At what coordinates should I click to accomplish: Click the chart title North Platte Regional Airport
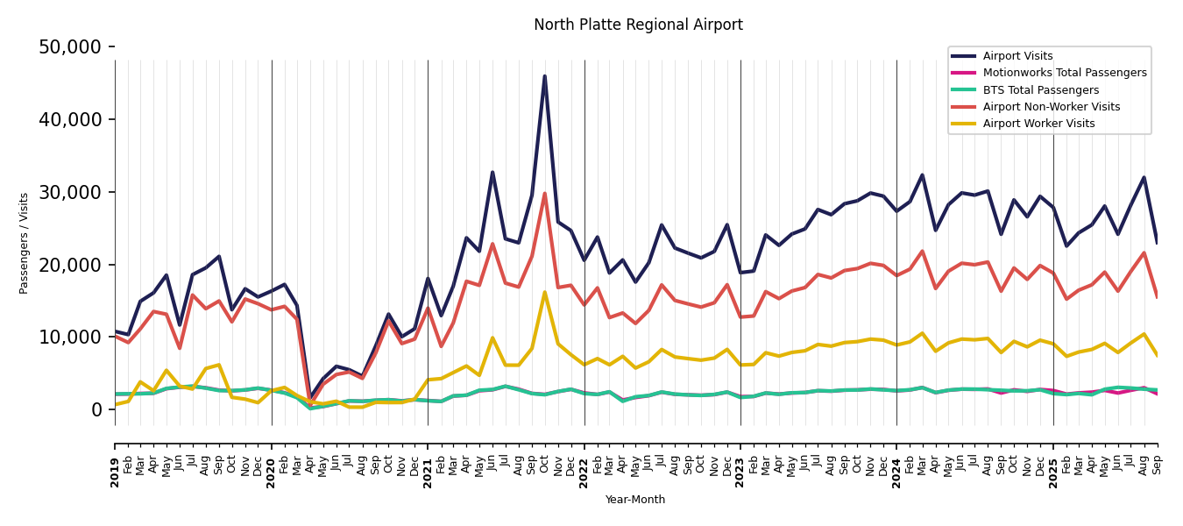pos(638,25)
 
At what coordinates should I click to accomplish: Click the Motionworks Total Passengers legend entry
pos(1064,73)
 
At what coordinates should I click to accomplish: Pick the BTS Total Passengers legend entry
pos(1040,90)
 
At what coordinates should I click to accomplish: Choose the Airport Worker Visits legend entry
pos(1038,124)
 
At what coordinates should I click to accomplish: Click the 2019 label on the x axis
pos(115,460)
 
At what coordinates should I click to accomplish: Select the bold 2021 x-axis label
pos(428,460)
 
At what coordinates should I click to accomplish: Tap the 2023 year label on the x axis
pos(740,460)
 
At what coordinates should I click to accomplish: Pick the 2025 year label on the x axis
pos(1053,460)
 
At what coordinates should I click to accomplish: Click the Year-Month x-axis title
pos(635,500)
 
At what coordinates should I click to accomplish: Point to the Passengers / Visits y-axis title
pos(25,243)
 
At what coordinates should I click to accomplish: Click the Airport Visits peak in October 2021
pos(544,76)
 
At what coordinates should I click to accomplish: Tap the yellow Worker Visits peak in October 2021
pos(544,293)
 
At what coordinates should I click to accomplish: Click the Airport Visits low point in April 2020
pos(310,397)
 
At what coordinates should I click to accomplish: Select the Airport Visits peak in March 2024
pos(922,174)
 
